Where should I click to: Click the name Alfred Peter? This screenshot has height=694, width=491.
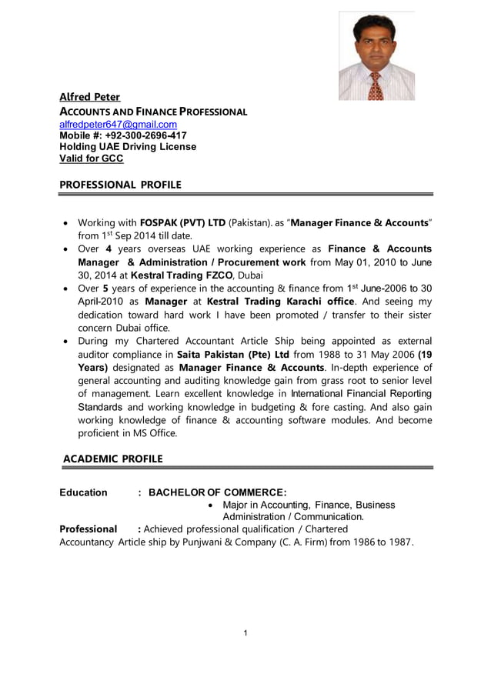(x=90, y=97)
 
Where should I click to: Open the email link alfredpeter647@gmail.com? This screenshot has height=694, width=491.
(x=118, y=124)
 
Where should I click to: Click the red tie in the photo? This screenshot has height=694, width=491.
(x=376, y=84)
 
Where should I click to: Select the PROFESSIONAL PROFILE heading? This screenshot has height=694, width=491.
(x=121, y=185)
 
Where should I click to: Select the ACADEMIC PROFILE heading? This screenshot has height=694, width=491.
(x=112, y=459)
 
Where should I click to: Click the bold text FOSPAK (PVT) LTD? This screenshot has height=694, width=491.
(x=182, y=222)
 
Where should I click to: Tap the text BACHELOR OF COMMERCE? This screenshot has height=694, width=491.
(x=217, y=492)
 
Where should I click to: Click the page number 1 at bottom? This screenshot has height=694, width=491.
(x=245, y=633)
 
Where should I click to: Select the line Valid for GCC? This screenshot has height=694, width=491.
(x=91, y=158)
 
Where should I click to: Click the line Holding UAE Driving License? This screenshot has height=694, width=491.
(x=128, y=147)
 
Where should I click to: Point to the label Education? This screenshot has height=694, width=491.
(x=83, y=492)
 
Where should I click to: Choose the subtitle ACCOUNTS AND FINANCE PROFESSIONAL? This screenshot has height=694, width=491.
(x=153, y=112)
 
